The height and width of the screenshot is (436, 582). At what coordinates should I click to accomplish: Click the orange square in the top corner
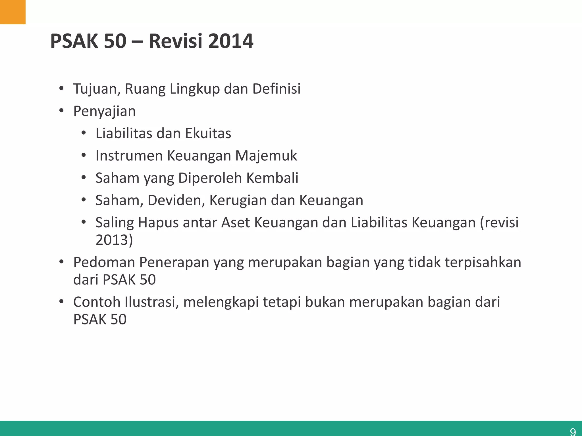click(13, 12)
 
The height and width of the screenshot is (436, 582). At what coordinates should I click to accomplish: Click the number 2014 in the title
click(230, 41)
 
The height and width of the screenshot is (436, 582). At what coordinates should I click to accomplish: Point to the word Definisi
click(276, 89)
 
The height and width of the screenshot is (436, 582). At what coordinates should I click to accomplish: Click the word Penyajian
click(104, 111)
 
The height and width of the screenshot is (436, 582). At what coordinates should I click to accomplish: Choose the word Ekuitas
click(208, 133)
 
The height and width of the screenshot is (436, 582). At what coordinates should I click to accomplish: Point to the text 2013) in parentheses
click(114, 240)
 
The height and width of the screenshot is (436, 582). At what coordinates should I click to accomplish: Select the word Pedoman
click(104, 262)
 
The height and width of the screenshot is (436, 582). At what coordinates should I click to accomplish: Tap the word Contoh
click(97, 302)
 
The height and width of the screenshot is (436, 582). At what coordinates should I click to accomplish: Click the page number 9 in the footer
click(573, 431)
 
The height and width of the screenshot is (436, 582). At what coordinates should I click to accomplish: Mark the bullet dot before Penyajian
click(61, 111)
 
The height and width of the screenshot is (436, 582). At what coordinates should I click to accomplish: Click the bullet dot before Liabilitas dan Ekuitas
click(83, 133)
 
